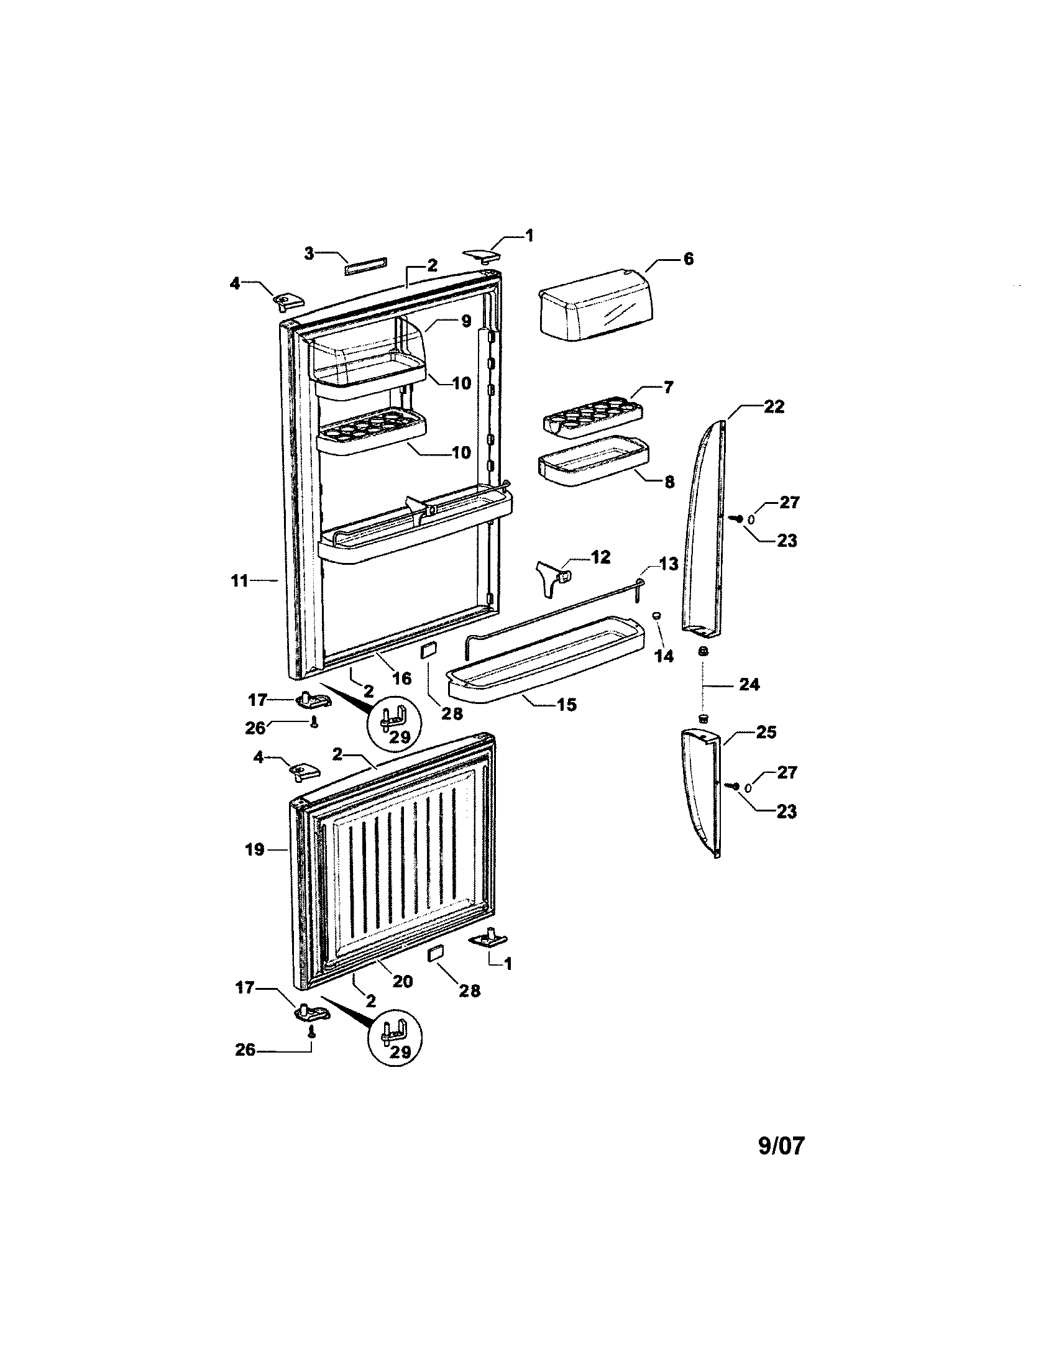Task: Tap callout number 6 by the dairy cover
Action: [x=688, y=258]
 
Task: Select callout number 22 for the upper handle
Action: [x=774, y=407]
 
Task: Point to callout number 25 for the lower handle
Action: [x=766, y=733]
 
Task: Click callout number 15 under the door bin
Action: [x=567, y=705]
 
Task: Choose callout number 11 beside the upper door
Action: [x=240, y=581]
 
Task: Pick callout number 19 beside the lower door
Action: [x=255, y=850]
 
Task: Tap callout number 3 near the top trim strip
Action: [x=309, y=253]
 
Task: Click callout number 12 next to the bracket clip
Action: [x=600, y=557]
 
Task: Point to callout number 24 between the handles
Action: [x=749, y=685]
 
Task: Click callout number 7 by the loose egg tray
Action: [x=668, y=388]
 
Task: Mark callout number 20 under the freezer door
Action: [x=403, y=981]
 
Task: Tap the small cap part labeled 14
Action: [x=658, y=616]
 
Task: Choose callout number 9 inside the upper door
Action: [x=466, y=322]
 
